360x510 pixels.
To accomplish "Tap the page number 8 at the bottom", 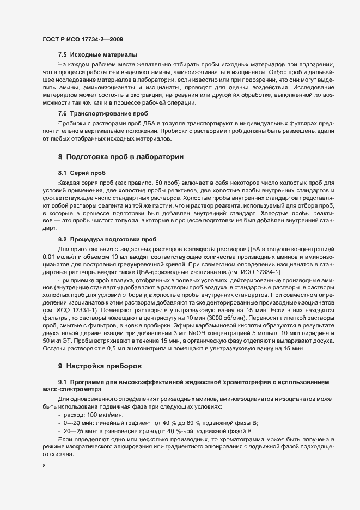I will tap(44, 465).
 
